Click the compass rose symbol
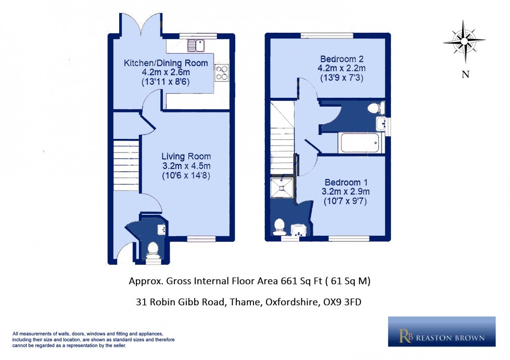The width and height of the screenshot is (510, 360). point(464,41)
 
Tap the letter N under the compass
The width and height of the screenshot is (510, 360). point(465,74)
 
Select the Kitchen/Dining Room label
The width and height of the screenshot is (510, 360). point(165,63)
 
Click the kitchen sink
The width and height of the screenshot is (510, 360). point(196,46)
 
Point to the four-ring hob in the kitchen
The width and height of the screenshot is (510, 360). point(221,73)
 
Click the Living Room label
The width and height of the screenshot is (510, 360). point(186,156)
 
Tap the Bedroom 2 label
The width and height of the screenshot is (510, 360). point(342,58)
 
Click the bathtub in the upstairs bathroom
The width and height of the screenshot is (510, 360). point(360,143)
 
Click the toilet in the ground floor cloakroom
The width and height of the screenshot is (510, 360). point(153,249)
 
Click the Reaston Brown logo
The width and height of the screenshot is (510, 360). point(441,331)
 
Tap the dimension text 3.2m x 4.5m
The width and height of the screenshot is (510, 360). point(186,166)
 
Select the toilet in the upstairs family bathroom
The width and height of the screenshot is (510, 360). point(375,108)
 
